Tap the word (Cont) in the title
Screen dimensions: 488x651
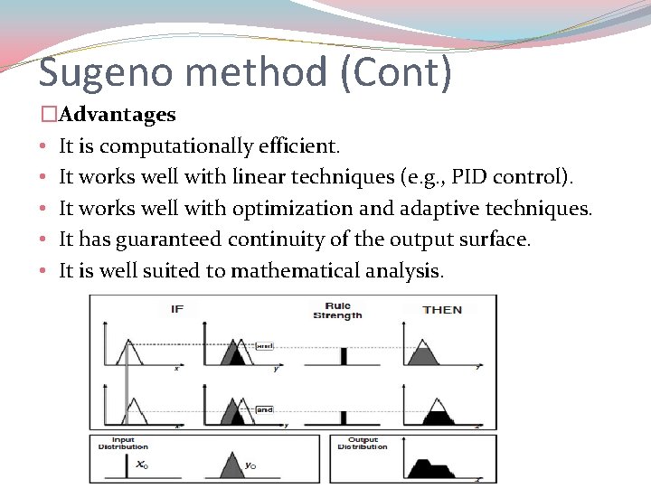[397, 72]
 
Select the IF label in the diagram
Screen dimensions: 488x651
[177, 309]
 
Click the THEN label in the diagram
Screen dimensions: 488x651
[442, 309]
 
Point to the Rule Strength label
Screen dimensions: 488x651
[338, 311]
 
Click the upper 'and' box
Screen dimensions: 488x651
[264, 345]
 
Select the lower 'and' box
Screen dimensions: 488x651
[264, 409]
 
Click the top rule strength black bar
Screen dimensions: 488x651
[344, 356]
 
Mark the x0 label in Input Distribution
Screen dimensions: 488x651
[141, 465]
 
